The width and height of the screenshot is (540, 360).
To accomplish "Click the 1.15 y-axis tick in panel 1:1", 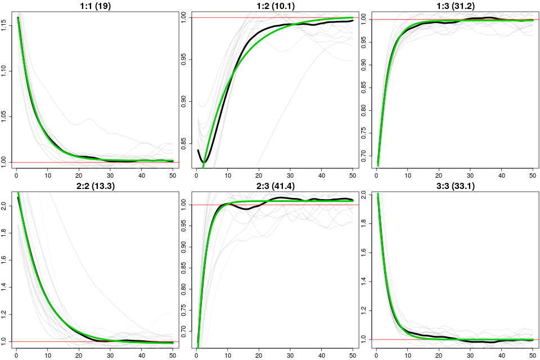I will coord(4,24).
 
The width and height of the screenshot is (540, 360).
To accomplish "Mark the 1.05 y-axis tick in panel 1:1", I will coord(4,116).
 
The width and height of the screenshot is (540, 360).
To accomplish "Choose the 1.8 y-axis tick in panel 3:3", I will coord(364,223).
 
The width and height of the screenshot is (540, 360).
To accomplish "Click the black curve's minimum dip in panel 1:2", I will coord(205,162).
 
